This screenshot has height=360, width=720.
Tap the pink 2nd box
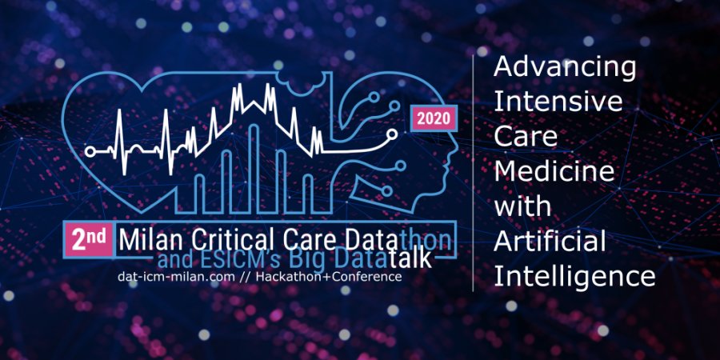click(x=88, y=240)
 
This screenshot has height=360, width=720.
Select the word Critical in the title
click(x=220, y=240)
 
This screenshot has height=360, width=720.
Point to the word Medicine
click(x=554, y=172)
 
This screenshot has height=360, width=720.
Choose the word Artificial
click(x=550, y=241)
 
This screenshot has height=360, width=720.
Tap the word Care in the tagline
click(x=526, y=138)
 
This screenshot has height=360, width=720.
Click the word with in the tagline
click(x=522, y=206)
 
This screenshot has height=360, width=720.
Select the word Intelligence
click(x=574, y=277)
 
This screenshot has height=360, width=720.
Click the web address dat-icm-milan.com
click(x=178, y=277)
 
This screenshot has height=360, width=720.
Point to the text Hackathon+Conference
click(x=329, y=277)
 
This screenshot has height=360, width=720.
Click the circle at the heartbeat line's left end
click(x=90, y=151)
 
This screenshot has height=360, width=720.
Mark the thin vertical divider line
click(x=473, y=173)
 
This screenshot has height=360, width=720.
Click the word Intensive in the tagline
click(x=558, y=102)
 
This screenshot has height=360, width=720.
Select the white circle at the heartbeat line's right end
click(x=392, y=134)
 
